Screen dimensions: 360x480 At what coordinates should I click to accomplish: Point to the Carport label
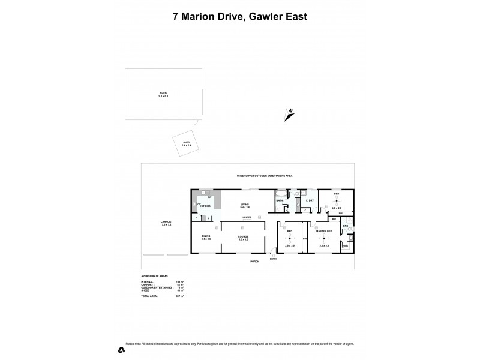[x=167, y=223]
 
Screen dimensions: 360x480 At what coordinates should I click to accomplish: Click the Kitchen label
[x=206, y=206]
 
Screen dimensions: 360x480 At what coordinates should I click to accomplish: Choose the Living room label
[x=245, y=205]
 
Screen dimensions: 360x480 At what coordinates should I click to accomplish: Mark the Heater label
[x=247, y=217]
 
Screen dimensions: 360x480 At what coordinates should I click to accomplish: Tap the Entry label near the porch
[x=274, y=259]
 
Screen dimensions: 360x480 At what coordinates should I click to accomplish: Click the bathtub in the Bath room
[x=281, y=194]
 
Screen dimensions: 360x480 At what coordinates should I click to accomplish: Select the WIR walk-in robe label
[x=346, y=245]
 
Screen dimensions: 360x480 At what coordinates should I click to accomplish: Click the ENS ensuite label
[x=345, y=226]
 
